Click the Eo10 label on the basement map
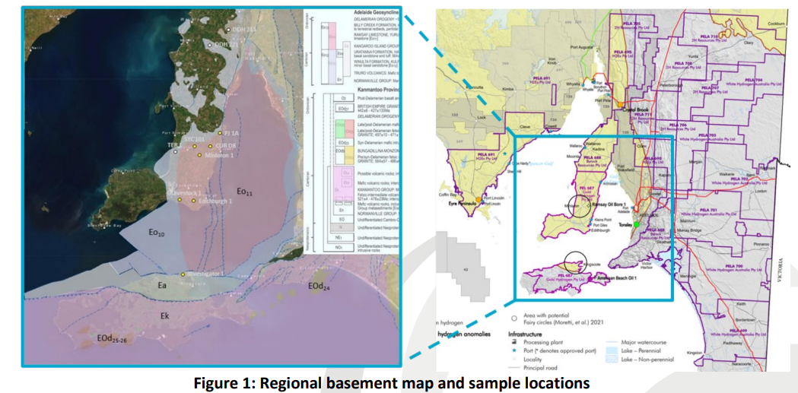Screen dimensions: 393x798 coord(157,233)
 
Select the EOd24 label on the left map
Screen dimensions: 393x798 coord(319,287)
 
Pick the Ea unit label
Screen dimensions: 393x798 coord(161,286)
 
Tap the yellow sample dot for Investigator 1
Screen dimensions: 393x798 coord(183,274)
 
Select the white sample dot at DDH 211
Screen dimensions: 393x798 coord(227,29)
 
